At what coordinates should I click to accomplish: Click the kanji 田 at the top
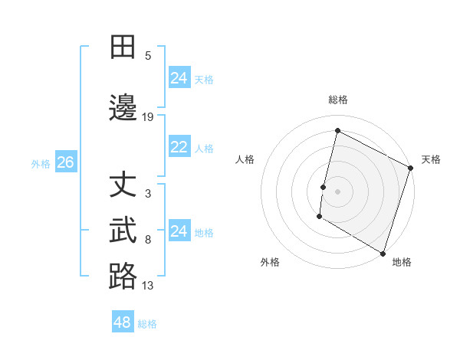coord(123,47)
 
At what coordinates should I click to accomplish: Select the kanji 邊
coord(123,106)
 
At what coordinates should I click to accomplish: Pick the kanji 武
coord(123,231)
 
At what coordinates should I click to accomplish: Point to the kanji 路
coord(123,276)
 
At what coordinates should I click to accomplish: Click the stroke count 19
coord(148,117)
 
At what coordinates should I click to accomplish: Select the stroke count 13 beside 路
coord(148,286)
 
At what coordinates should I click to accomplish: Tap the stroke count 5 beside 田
coord(148,55)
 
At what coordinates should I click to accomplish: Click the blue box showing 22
coord(179,147)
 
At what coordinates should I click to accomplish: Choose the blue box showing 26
coord(65,162)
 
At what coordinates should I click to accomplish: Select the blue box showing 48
coord(123,322)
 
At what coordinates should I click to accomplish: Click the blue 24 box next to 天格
coord(179,77)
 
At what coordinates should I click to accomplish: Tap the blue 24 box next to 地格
coord(179,231)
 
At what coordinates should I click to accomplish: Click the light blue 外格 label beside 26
coord(41,163)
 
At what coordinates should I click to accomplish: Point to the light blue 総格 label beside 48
coord(148,324)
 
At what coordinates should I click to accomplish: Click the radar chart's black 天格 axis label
coord(432,159)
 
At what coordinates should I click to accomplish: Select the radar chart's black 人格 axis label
coord(245,159)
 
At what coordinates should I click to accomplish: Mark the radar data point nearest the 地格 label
coord(383,253)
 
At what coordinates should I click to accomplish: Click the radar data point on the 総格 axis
coord(337,130)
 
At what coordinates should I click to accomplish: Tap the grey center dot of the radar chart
coord(337,191)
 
